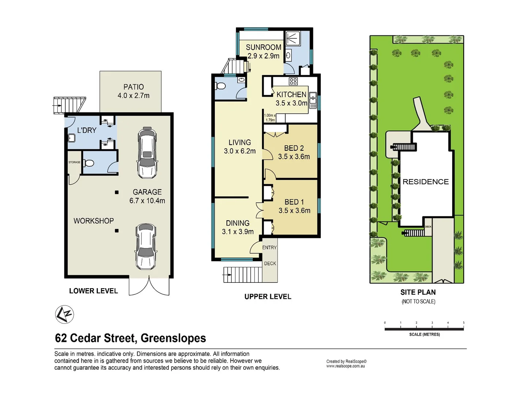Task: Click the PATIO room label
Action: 133,87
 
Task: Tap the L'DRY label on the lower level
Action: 87,130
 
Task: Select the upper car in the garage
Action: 147,152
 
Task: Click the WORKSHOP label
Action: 94,221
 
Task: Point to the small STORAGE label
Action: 75,162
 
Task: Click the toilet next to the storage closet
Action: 88,163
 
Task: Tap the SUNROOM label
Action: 263,47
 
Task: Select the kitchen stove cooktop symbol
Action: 293,81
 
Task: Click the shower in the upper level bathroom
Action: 293,38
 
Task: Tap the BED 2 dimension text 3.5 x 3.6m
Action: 294,157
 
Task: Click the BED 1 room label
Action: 294,202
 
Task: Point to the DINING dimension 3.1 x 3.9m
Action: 237,232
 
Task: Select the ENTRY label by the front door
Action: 269,248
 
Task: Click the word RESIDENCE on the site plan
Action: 426,182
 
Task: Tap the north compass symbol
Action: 65,314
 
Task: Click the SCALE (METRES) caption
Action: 424,335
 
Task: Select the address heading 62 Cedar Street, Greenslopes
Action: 130,338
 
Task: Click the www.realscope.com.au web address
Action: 346,366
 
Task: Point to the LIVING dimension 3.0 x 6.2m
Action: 240,151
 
